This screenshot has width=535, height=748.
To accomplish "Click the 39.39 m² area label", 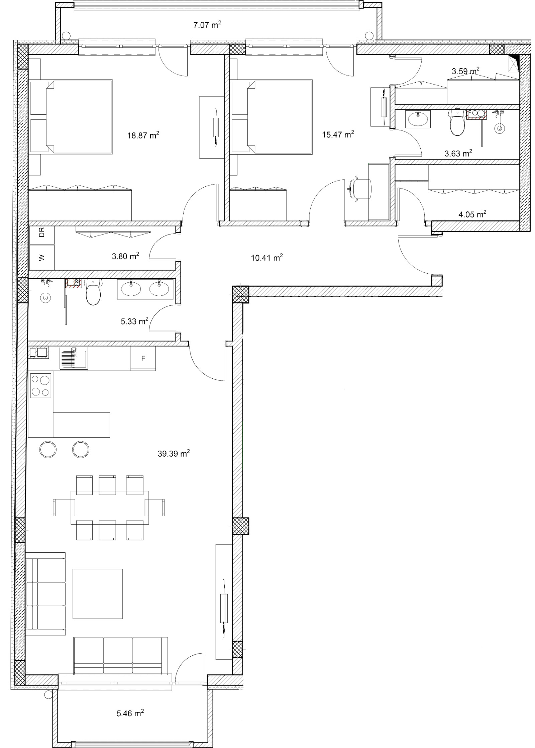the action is (174, 453).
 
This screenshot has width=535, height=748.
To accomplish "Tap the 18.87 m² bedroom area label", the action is (143, 135).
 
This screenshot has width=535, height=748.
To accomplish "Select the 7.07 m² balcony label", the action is (207, 25).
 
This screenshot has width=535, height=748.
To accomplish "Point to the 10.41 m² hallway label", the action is (267, 257).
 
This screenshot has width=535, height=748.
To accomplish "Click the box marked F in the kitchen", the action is (143, 358).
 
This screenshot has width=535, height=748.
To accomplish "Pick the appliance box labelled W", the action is (41, 257).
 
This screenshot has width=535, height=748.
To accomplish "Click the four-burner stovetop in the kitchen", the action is (40, 385).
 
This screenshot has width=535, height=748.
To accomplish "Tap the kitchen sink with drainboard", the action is (74, 358).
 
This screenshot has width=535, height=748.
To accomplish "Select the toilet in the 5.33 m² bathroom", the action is (93, 291).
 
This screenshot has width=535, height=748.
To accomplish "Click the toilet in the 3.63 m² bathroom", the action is (457, 122).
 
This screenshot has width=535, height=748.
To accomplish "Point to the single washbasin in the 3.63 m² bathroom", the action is (418, 119).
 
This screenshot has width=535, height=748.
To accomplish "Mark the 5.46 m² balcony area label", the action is (130, 713).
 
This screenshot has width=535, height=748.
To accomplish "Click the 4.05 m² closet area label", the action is (472, 214).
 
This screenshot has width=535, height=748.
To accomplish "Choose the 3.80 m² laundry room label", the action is (125, 256).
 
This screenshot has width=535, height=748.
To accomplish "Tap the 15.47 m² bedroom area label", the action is (338, 134).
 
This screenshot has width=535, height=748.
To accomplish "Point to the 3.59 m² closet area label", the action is (465, 71).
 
